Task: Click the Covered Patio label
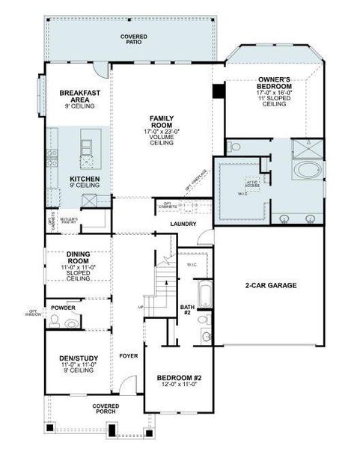(x=134, y=39)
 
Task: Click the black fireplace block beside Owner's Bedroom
(x=219, y=91)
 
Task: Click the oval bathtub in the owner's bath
(x=308, y=171)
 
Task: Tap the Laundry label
(x=183, y=224)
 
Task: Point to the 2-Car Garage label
(x=271, y=285)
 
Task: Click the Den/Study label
(x=77, y=363)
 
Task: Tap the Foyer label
(x=128, y=355)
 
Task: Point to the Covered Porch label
(x=106, y=409)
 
